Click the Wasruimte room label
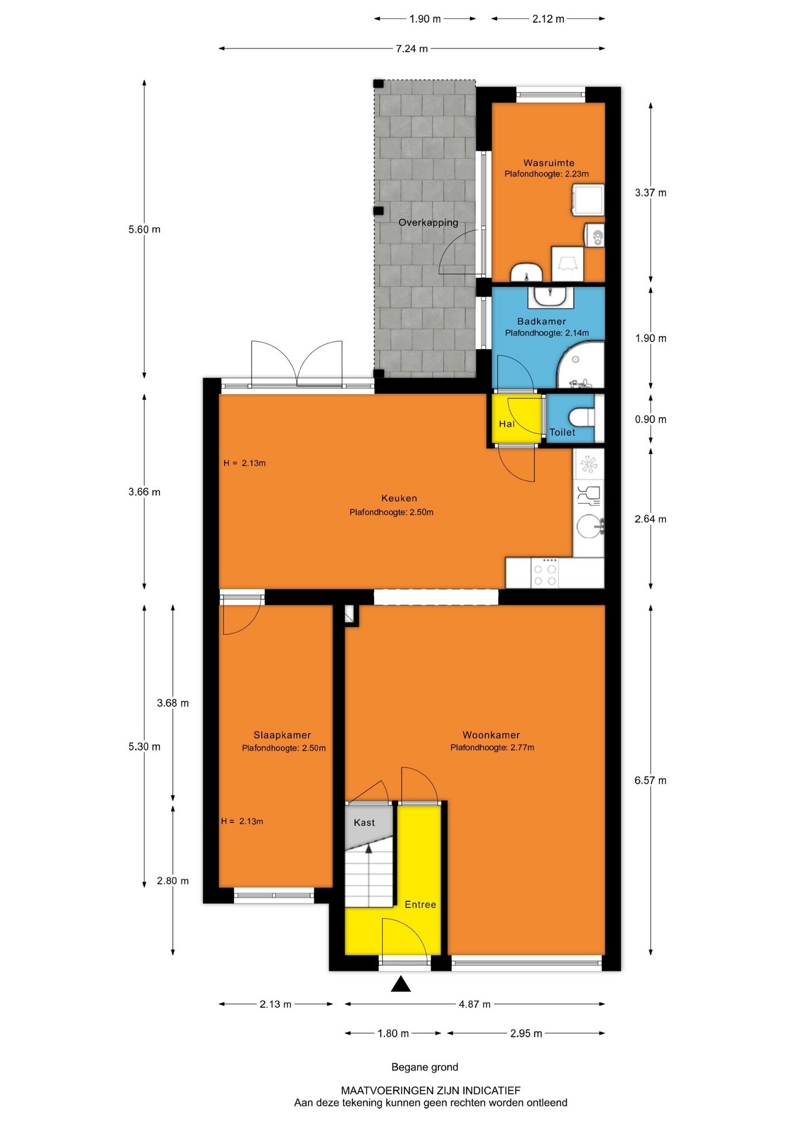[549, 163]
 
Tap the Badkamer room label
[542, 321]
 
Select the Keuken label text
[399, 498]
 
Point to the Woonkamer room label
[491, 735]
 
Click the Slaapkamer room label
[282, 735]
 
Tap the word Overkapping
[428, 223]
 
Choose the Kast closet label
[364, 823]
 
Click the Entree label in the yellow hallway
[420, 905]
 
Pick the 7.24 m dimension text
[412, 49]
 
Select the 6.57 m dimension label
[650, 780]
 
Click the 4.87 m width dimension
[474, 1004]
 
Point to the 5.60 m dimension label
[144, 229]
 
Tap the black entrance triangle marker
[400, 984]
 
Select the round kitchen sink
[589, 526]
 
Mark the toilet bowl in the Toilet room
[582, 417]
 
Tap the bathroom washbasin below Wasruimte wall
[550, 297]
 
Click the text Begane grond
[425, 1067]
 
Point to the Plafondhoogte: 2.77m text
[492, 747]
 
